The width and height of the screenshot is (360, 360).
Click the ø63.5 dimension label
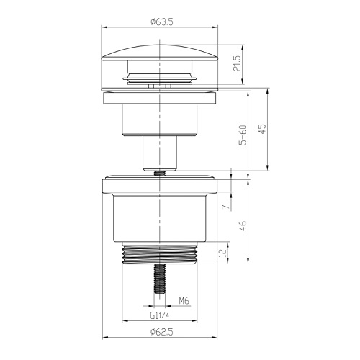pos(162,22)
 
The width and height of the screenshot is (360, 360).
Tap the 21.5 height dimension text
pos(237,63)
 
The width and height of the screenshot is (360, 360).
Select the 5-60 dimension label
pos(243,135)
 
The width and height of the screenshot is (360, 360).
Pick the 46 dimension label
pos(243,226)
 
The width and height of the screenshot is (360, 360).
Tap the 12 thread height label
pos(223,253)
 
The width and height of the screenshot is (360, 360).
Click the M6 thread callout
pos(184,300)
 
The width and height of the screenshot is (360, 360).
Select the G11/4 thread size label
pos(160,315)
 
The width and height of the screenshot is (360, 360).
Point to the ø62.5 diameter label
pos(162,332)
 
